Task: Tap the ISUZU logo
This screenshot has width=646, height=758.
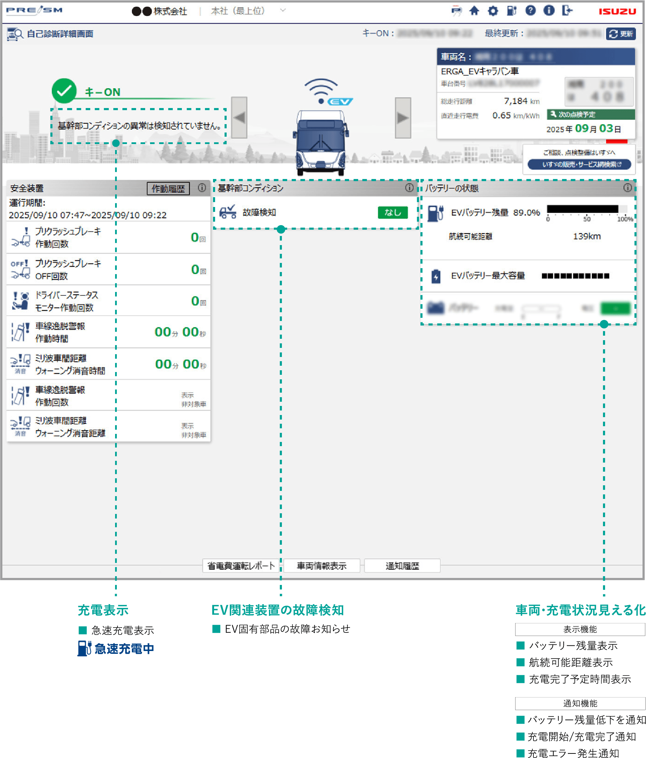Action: click(x=617, y=11)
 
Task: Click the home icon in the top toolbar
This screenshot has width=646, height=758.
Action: click(x=474, y=11)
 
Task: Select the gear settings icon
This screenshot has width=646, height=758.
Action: click(x=493, y=11)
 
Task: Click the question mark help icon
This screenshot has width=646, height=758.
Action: click(x=530, y=10)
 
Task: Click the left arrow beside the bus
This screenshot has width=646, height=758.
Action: click(x=239, y=118)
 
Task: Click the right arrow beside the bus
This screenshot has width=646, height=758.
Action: click(x=403, y=118)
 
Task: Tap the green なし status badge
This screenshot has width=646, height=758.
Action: click(x=392, y=213)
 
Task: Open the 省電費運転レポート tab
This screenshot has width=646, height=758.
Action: click(x=241, y=566)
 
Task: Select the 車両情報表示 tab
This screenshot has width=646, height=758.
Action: click(x=321, y=566)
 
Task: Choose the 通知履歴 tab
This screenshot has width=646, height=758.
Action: click(x=402, y=566)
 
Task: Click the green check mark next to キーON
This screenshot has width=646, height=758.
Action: click(x=64, y=91)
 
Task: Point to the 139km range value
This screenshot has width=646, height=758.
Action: click(x=586, y=236)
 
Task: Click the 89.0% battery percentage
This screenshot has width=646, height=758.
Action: click(x=526, y=213)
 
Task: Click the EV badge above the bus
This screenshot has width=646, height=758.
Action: click(x=340, y=101)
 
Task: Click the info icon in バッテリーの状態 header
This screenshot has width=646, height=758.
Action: click(x=627, y=188)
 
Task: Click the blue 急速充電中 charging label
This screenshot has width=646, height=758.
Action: click(x=123, y=649)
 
